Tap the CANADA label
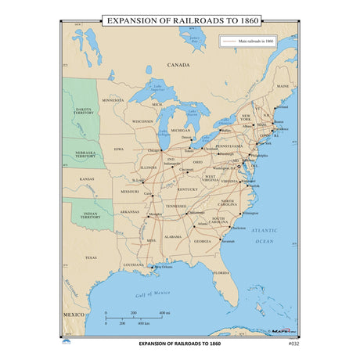coord(179,66)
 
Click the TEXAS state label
coord(90,257)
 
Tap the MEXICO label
coord(73,312)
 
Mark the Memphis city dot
coord(150,214)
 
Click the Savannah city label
coord(228,241)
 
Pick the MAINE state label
coord(283,87)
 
